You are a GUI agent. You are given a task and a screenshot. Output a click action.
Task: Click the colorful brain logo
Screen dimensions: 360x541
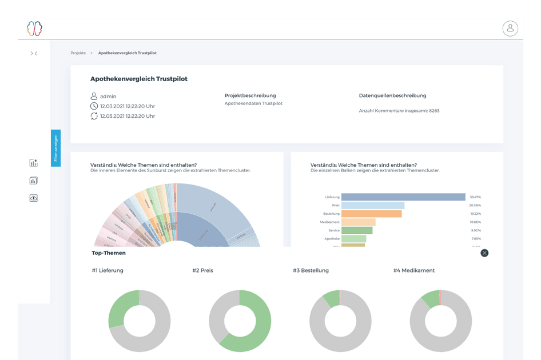pyautogui.click(x=34, y=28)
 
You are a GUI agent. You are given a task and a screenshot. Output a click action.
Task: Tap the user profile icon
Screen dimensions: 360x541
pyautogui.click(x=510, y=28)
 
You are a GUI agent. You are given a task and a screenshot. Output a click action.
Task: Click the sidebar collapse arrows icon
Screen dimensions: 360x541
pyautogui.click(x=34, y=53)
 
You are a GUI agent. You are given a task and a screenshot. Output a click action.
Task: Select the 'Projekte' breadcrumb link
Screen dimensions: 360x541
pyautogui.click(x=78, y=53)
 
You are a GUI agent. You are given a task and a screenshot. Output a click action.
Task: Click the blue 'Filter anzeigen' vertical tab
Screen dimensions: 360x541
pyautogui.click(x=55, y=148)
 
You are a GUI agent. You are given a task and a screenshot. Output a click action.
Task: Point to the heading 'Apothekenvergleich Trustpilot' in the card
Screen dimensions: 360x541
pyautogui.click(x=139, y=79)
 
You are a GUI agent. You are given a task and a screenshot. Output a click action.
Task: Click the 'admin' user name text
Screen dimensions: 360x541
pyautogui.click(x=108, y=97)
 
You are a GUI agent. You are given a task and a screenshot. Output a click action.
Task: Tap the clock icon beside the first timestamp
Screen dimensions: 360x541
pyautogui.click(x=94, y=106)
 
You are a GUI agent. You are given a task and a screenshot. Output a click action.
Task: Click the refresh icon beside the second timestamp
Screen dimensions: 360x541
pyautogui.click(x=94, y=116)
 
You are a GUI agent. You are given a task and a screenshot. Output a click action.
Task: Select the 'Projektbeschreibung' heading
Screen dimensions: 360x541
pyautogui.click(x=250, y=95)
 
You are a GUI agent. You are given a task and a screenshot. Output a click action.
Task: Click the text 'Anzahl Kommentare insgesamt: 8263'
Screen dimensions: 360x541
pyautogui.click(x=399, y=110)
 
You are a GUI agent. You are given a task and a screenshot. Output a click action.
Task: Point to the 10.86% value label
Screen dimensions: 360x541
pyautogui.click(x=475, y=222)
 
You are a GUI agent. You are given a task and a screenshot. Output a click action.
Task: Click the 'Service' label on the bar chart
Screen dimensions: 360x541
pyautogui.click(x=333, y=230)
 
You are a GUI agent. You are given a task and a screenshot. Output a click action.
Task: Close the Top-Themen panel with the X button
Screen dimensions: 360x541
pyautogui.click(x=484, y=253)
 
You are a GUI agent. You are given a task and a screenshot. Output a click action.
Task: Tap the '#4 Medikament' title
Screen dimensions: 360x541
pyautogui.click(x=414, y=270)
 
